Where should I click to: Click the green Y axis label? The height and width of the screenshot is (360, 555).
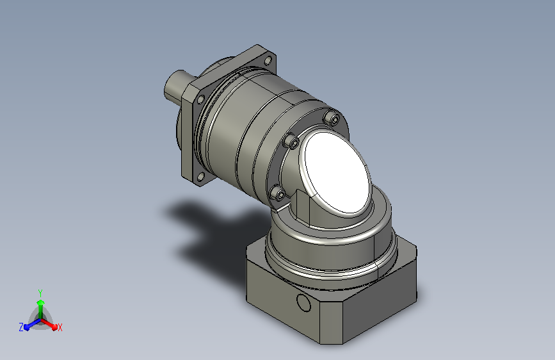click(x=40, y=293)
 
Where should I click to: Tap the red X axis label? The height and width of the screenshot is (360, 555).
click(x=60, y=327)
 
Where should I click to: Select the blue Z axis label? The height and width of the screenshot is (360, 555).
click(x=21, y=327)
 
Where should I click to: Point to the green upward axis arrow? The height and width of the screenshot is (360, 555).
click(x=41, y=309)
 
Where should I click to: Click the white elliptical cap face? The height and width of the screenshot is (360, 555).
click(x=337, y=172)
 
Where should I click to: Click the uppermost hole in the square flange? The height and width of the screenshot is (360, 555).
click(x=268, y=60)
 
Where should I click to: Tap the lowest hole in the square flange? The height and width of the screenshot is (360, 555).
click(x=201, y=176)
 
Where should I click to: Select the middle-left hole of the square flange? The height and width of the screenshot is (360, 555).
click(x=201, y=99)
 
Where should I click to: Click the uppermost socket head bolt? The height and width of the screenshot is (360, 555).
click(x=333, y=119)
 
